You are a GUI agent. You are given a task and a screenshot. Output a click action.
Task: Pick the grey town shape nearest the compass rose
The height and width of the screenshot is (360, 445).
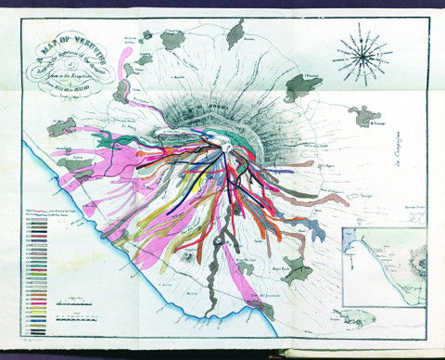click(x=363, y=116)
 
